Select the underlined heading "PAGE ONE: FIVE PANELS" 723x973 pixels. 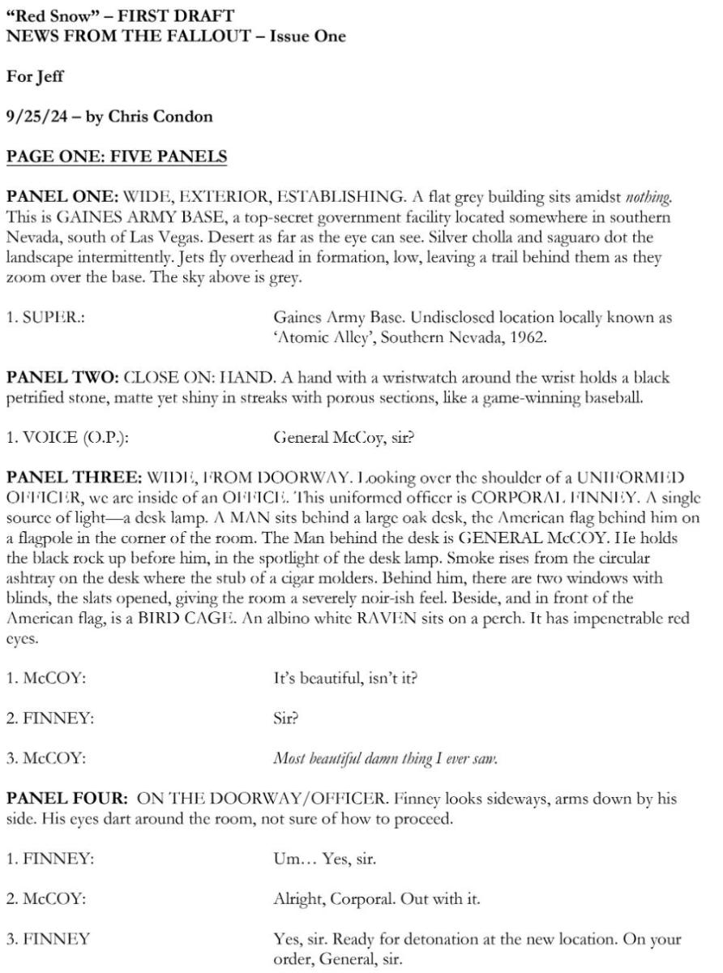click(x=116, y=156)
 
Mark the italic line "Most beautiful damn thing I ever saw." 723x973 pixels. click(x=385, y=759)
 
